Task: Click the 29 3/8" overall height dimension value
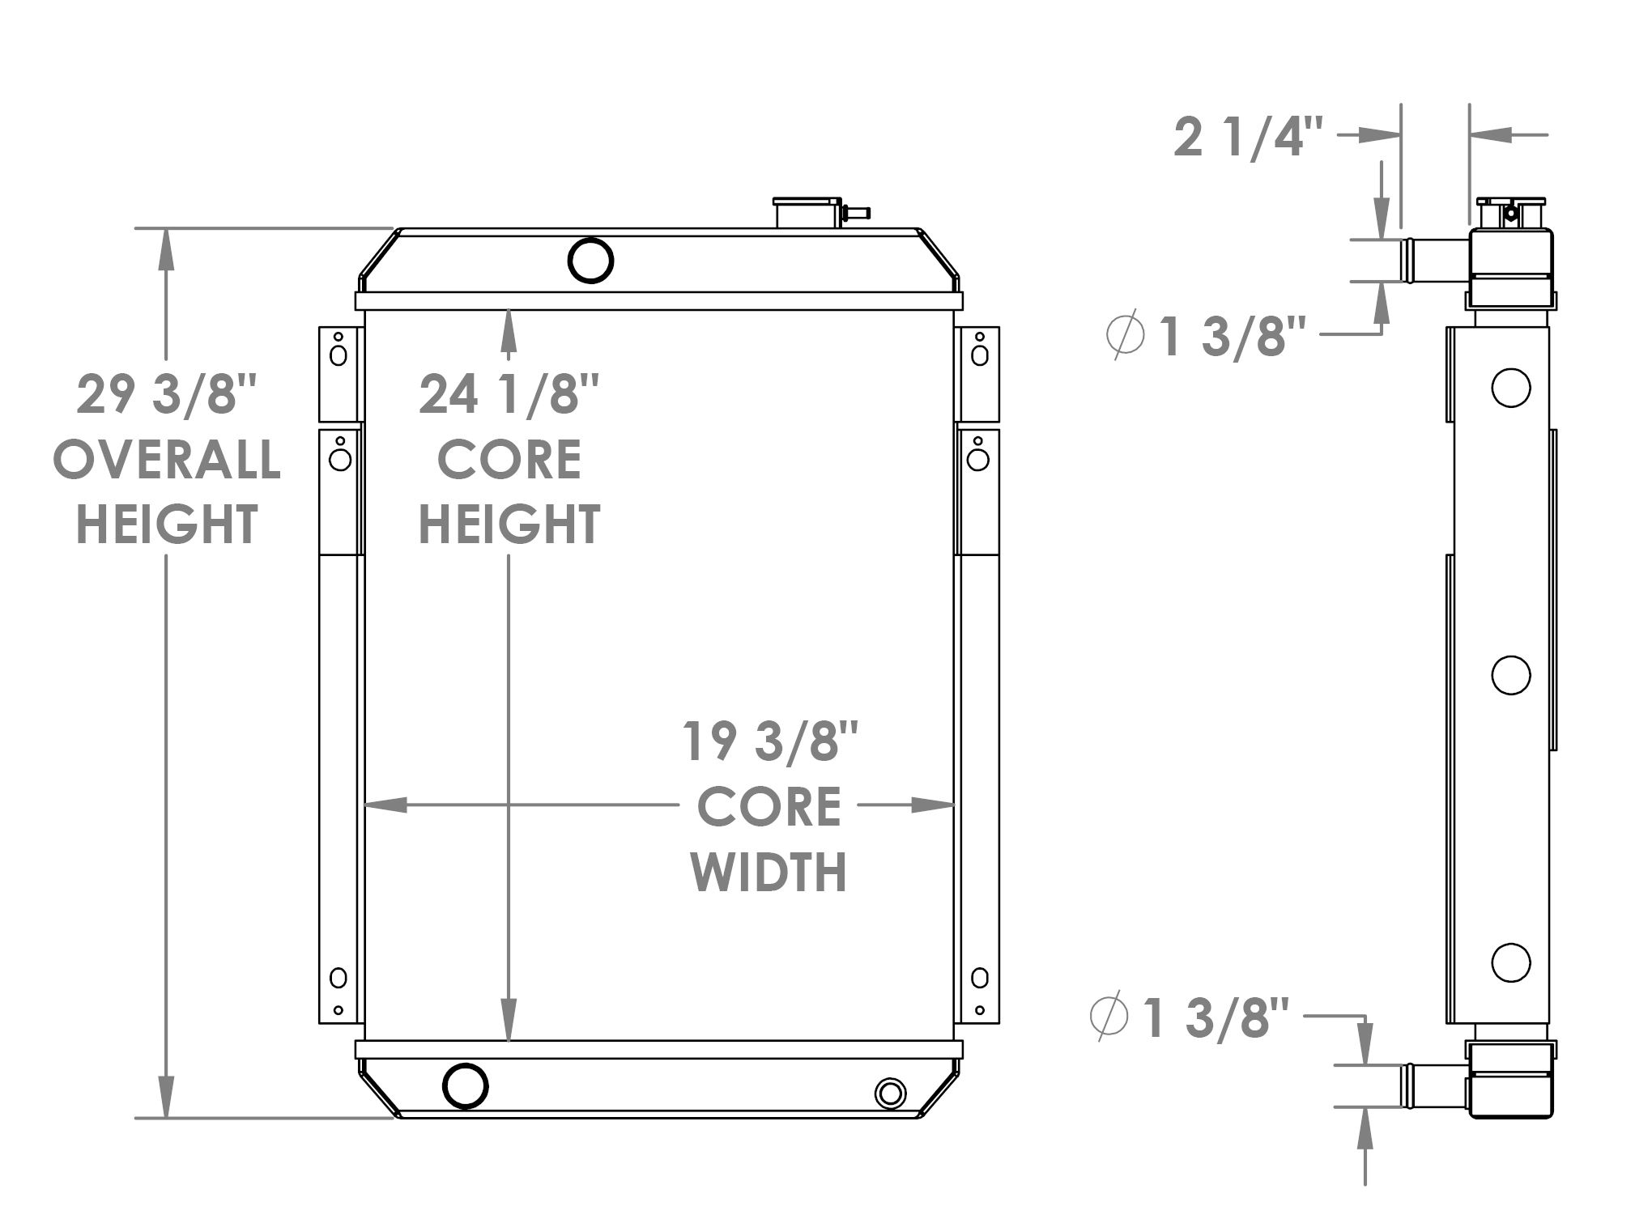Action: (166, 395)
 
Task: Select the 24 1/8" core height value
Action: (509, 395)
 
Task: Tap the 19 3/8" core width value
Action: (769, 741)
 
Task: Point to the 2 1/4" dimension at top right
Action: (1248, 137)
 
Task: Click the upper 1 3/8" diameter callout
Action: (1231, 336)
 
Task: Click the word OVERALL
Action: (167, 460)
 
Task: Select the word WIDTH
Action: (769, 872)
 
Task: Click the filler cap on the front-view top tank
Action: (807, 212)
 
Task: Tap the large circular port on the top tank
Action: (590, 260)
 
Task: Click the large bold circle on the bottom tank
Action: (466, 1085)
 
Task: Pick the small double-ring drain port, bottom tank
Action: (890, 1094)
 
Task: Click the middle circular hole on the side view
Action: (1510, 675)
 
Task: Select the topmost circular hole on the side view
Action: (1510, 388)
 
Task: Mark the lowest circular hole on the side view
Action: (1510, 962)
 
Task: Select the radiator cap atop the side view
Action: (1510, 212)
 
